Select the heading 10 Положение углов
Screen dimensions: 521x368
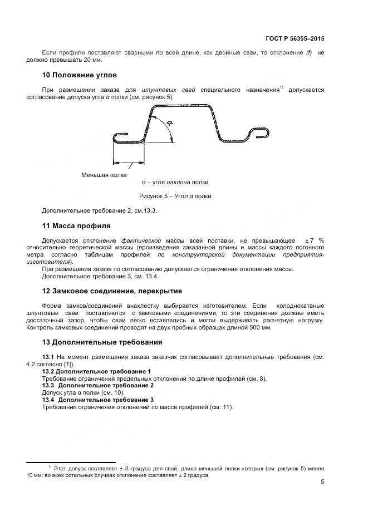click(x=79, y=75)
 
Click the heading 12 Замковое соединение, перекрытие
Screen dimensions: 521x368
click(x=112, y=291)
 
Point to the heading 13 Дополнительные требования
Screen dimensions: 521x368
click(x=102, y=342)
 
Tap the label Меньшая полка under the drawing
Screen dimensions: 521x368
click(x=104, y=175)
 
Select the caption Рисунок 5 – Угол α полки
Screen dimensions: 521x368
click(x=175, y=196)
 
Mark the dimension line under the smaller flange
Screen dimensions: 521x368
click(x=129, y=163)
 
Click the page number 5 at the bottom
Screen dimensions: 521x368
click(x=322, y=482)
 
